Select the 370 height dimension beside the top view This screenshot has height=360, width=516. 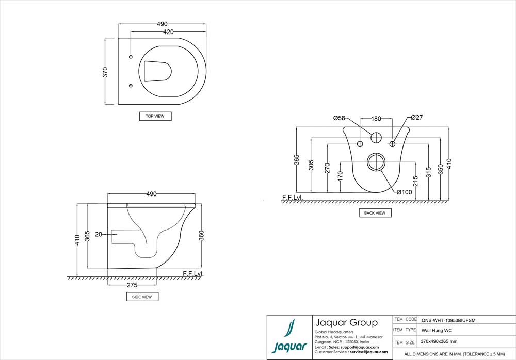[105, 72]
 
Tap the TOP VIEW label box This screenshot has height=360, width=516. [155, 117]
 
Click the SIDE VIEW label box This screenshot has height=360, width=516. [142, 297]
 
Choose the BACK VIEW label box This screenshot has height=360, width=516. [375, 212]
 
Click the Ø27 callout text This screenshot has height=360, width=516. [417, 118]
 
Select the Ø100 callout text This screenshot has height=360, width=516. [404, 192]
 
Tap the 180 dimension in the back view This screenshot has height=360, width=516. [376, 119]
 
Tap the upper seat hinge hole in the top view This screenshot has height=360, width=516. [130, 56]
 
